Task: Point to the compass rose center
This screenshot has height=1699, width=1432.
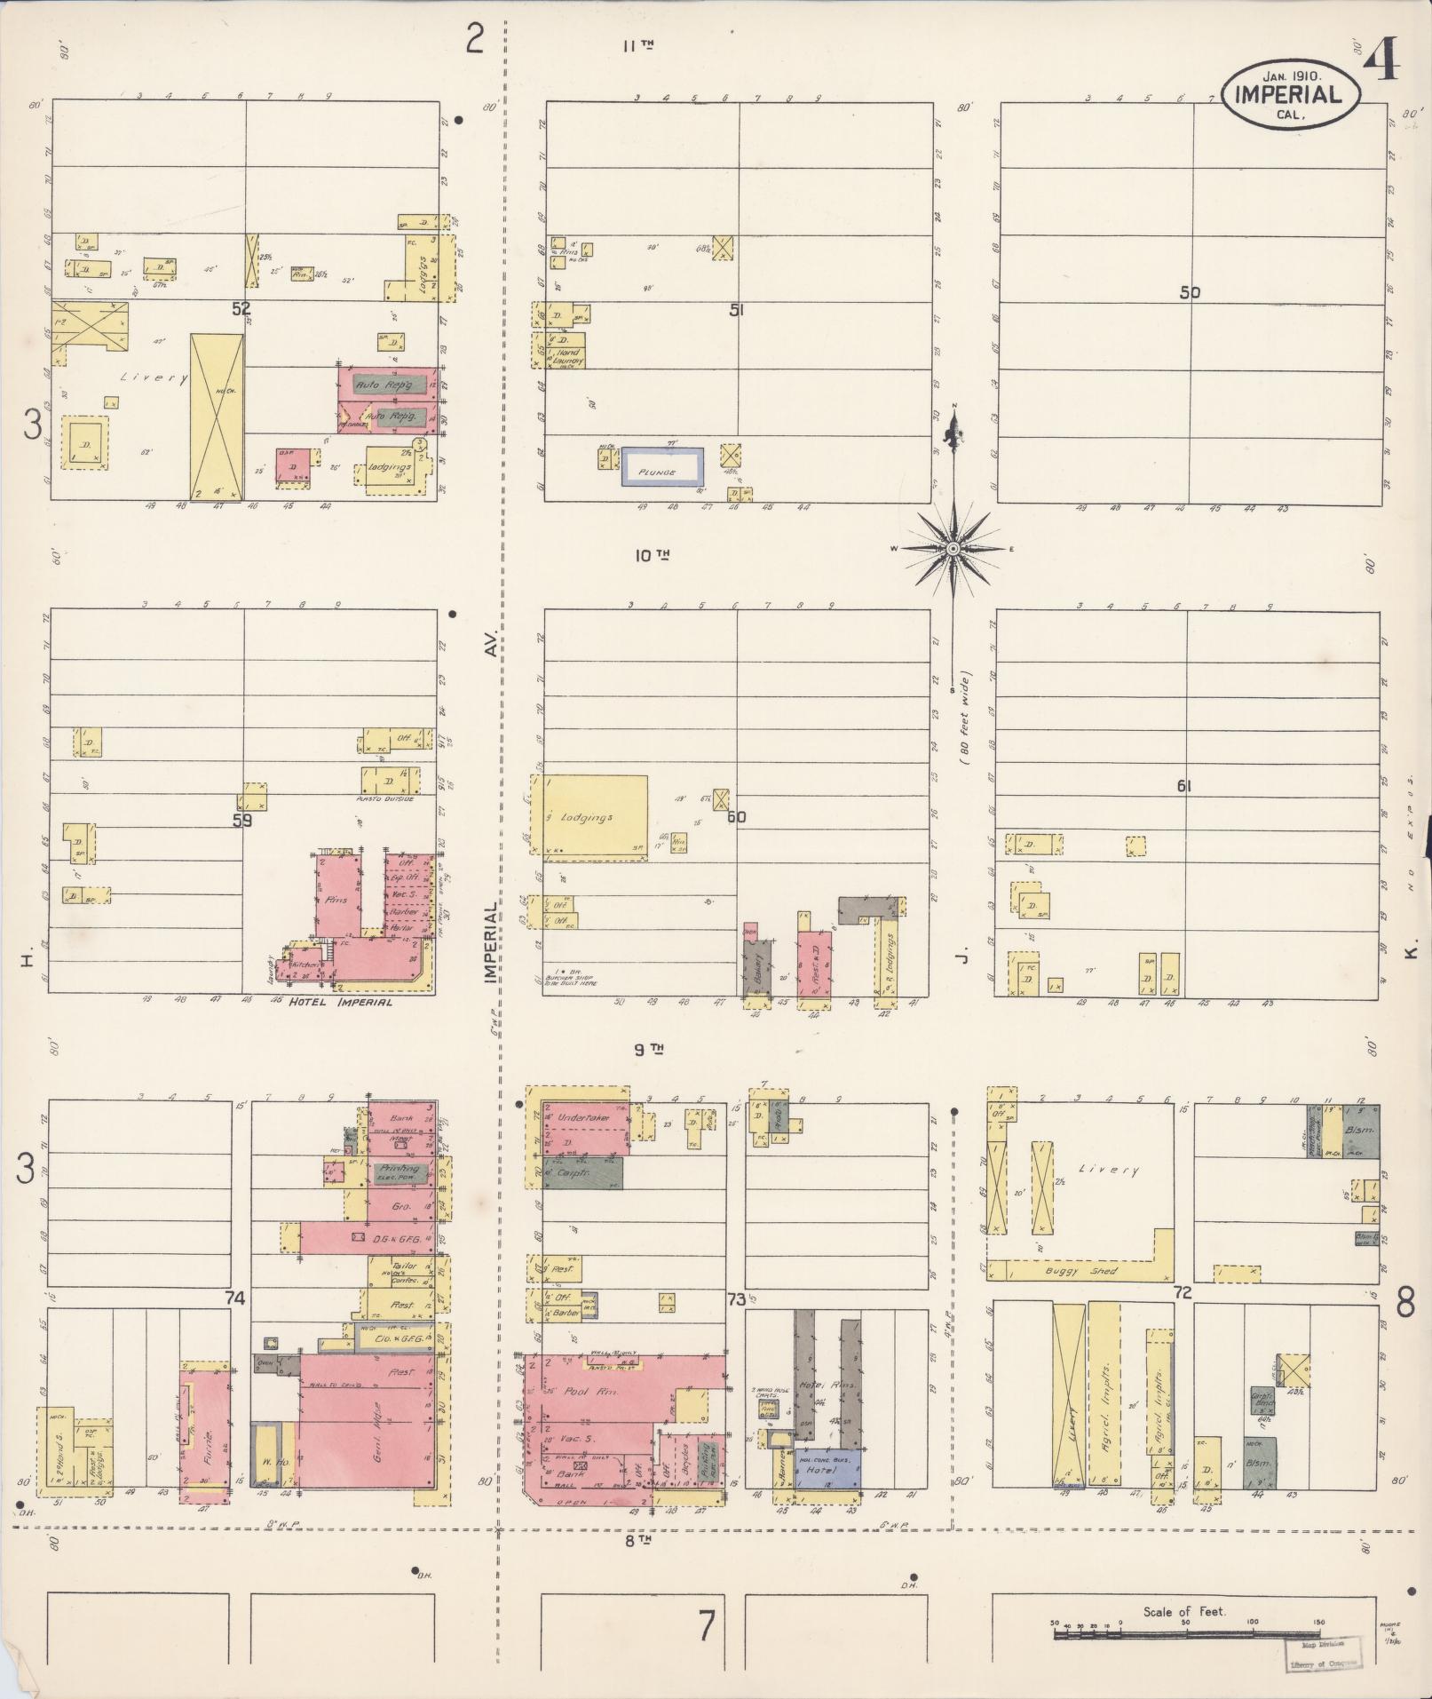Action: pyautogui.click(x=953, y=548)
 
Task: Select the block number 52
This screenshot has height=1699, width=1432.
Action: pyautogui.click(x=241, y=308)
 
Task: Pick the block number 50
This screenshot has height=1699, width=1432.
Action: pyautogui.click(x=1189, y=292)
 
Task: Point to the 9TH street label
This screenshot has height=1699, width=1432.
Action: pyautogui.click(x=650, y=1049)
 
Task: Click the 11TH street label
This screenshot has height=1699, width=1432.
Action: pyautogui.click(x=637, y=45)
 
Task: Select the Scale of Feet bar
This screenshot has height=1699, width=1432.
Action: pyautogui.click(x=1186, y=1632)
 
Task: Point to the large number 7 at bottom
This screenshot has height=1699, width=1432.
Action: pyautogui.click(x=707, y=1626)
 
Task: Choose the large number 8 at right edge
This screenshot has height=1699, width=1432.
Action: pyautogui.click(x=1404, y=1303)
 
